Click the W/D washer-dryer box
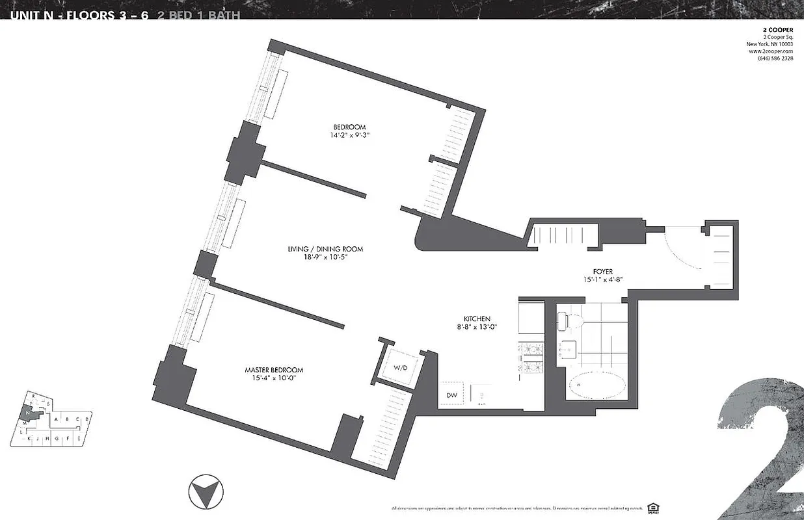[399, 368]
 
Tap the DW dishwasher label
[451, 395]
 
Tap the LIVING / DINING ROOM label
[325, 249]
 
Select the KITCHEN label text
[477, 318]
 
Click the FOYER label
[603, 272]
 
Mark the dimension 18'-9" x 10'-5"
[325, 257]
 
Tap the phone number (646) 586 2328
[775, 58]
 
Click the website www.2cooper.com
[774, 51]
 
